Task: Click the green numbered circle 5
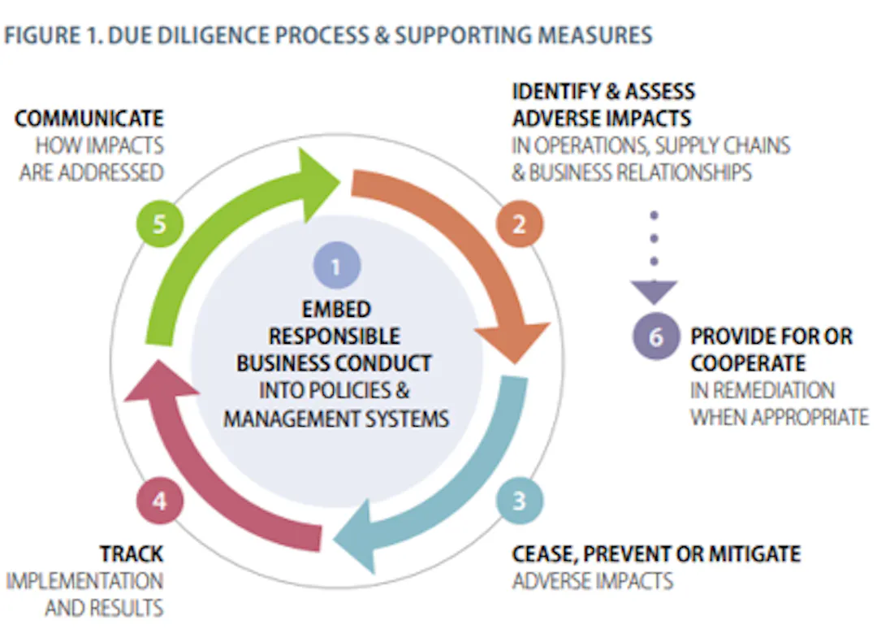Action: (160, 224)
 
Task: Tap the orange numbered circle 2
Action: (520, 224)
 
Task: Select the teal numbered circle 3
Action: (520, 501)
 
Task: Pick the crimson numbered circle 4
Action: (160, 501)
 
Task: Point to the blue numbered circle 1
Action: (337, 265)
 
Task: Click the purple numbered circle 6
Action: (656, 336)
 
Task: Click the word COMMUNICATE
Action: (89, 119)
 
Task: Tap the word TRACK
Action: (132, 554)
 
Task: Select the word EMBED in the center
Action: (336, 310)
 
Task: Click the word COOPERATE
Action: (748, 364)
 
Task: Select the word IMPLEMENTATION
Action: (84, 581)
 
